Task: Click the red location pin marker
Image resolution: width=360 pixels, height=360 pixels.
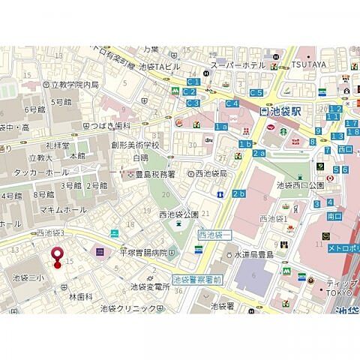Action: tap(55, 257)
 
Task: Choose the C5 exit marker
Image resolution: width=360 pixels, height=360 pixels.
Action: tap(256, 92)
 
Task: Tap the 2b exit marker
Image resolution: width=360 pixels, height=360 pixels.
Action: tap(238, 194)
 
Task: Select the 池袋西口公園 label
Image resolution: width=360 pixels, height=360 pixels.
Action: tap(299, 184)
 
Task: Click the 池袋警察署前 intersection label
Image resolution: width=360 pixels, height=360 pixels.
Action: tap(197, 279)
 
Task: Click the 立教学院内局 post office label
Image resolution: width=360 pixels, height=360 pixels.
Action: tap(74, 85)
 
